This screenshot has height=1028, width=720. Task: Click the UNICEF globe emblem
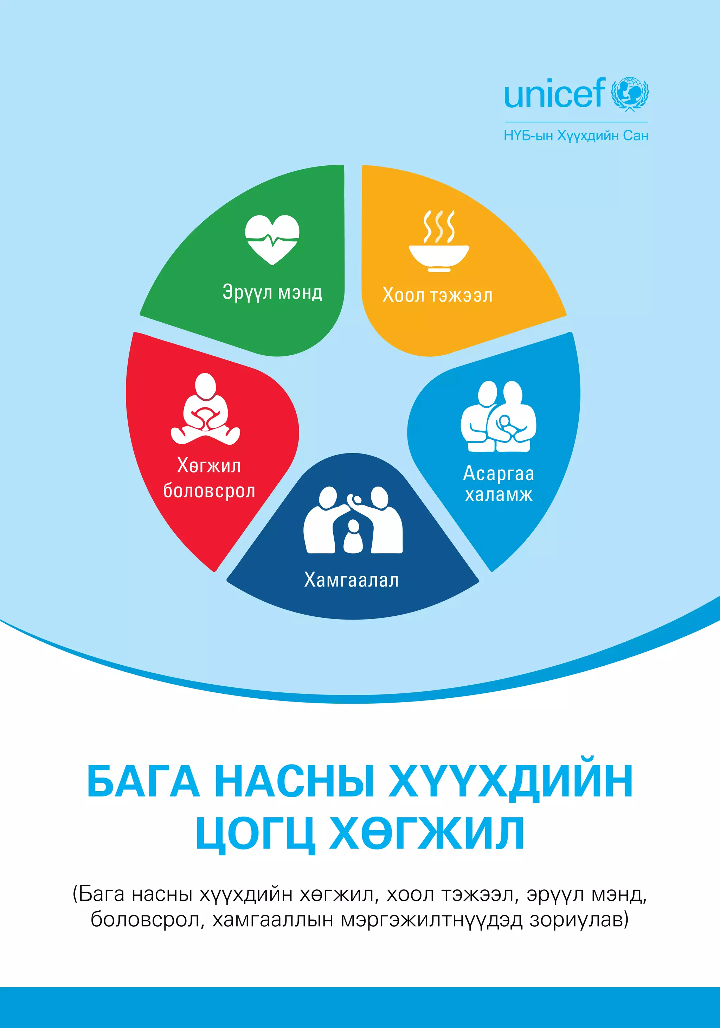point(630,94)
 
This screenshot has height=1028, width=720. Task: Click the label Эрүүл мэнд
point(272,293)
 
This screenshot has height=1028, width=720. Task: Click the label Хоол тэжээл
point(437,296)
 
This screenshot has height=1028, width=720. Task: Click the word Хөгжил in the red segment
point(209,466)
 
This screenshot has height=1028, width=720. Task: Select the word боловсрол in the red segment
point(209,491)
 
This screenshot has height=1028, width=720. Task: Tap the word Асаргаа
point(499,474)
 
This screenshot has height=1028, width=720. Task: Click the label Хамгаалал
point(351,580)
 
